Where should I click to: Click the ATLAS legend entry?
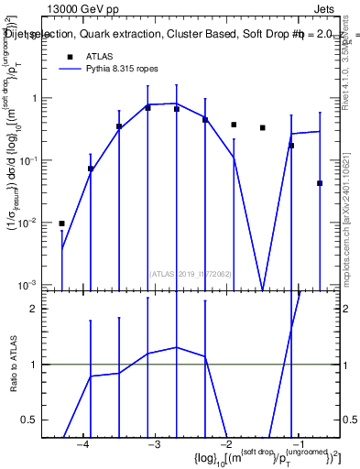100,57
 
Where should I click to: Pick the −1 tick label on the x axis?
297,443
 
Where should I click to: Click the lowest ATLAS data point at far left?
61,224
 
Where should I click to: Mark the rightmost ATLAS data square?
320,183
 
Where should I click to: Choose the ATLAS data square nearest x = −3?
147,108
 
